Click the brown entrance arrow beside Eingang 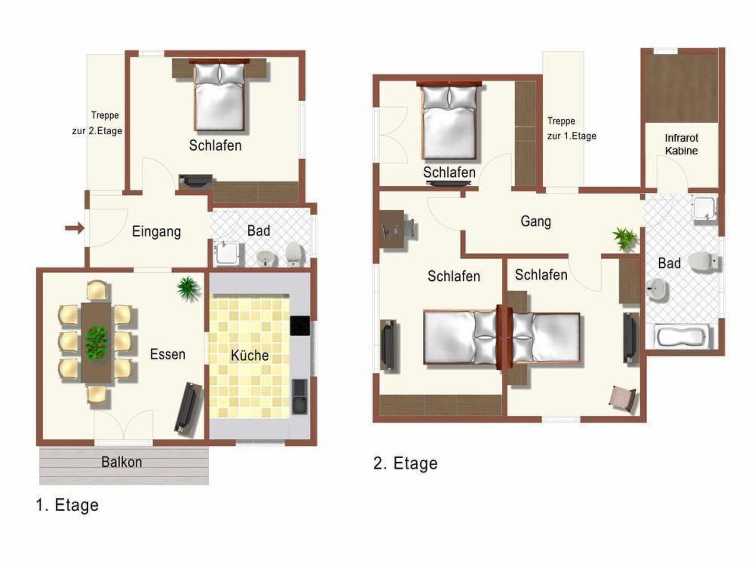[x=75, y=228]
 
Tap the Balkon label [x=121, y=462]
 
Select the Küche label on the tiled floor [x=250, y=355]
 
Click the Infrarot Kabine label [x=681, y=144]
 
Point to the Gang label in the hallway [x=536, y=221]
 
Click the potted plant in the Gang [x=624, y=239]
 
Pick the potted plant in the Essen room [x=188, y=288]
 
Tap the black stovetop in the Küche [x=300, y=326]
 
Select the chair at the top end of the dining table [x=97, y=291]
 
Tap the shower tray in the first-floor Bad [x=228, y=252]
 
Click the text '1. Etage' [x=67, y=505]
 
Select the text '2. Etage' [x=405, y=463]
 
